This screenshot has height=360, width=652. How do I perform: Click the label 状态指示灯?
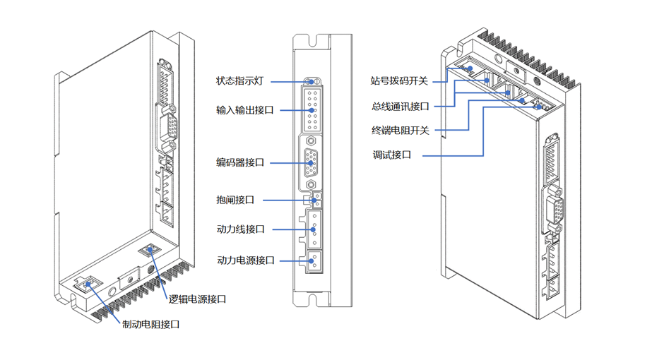point(239,81)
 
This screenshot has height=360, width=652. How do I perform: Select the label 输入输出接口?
point(244,110)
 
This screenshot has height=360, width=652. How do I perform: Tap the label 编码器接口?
point(240,163)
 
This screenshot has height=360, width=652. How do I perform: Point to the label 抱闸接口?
point(235,200)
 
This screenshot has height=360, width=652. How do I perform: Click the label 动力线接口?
point(240,229)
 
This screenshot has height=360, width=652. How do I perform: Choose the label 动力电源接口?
point(245,260)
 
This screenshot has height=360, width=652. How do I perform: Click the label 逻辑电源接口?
point(197,299)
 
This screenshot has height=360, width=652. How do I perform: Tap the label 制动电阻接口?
point(150,325)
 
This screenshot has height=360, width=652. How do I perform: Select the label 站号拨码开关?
point(400,81)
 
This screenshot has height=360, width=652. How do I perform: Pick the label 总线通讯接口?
point(401,107)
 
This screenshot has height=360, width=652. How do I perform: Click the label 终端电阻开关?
point(401,131)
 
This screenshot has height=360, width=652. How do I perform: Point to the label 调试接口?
point(391,155)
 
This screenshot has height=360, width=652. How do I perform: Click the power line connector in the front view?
point(312,229)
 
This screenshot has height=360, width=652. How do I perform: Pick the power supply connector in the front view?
point(312,260)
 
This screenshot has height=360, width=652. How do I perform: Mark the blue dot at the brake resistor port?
point(88,285)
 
